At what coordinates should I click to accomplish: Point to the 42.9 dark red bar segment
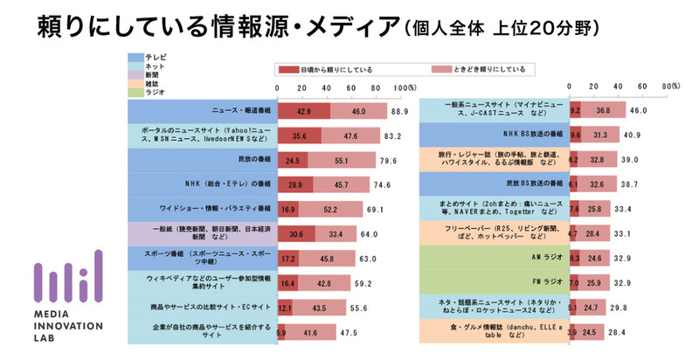click(303, 112)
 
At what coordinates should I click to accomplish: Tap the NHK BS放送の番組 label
click(498, 136)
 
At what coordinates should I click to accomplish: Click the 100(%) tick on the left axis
click(405, 88)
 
